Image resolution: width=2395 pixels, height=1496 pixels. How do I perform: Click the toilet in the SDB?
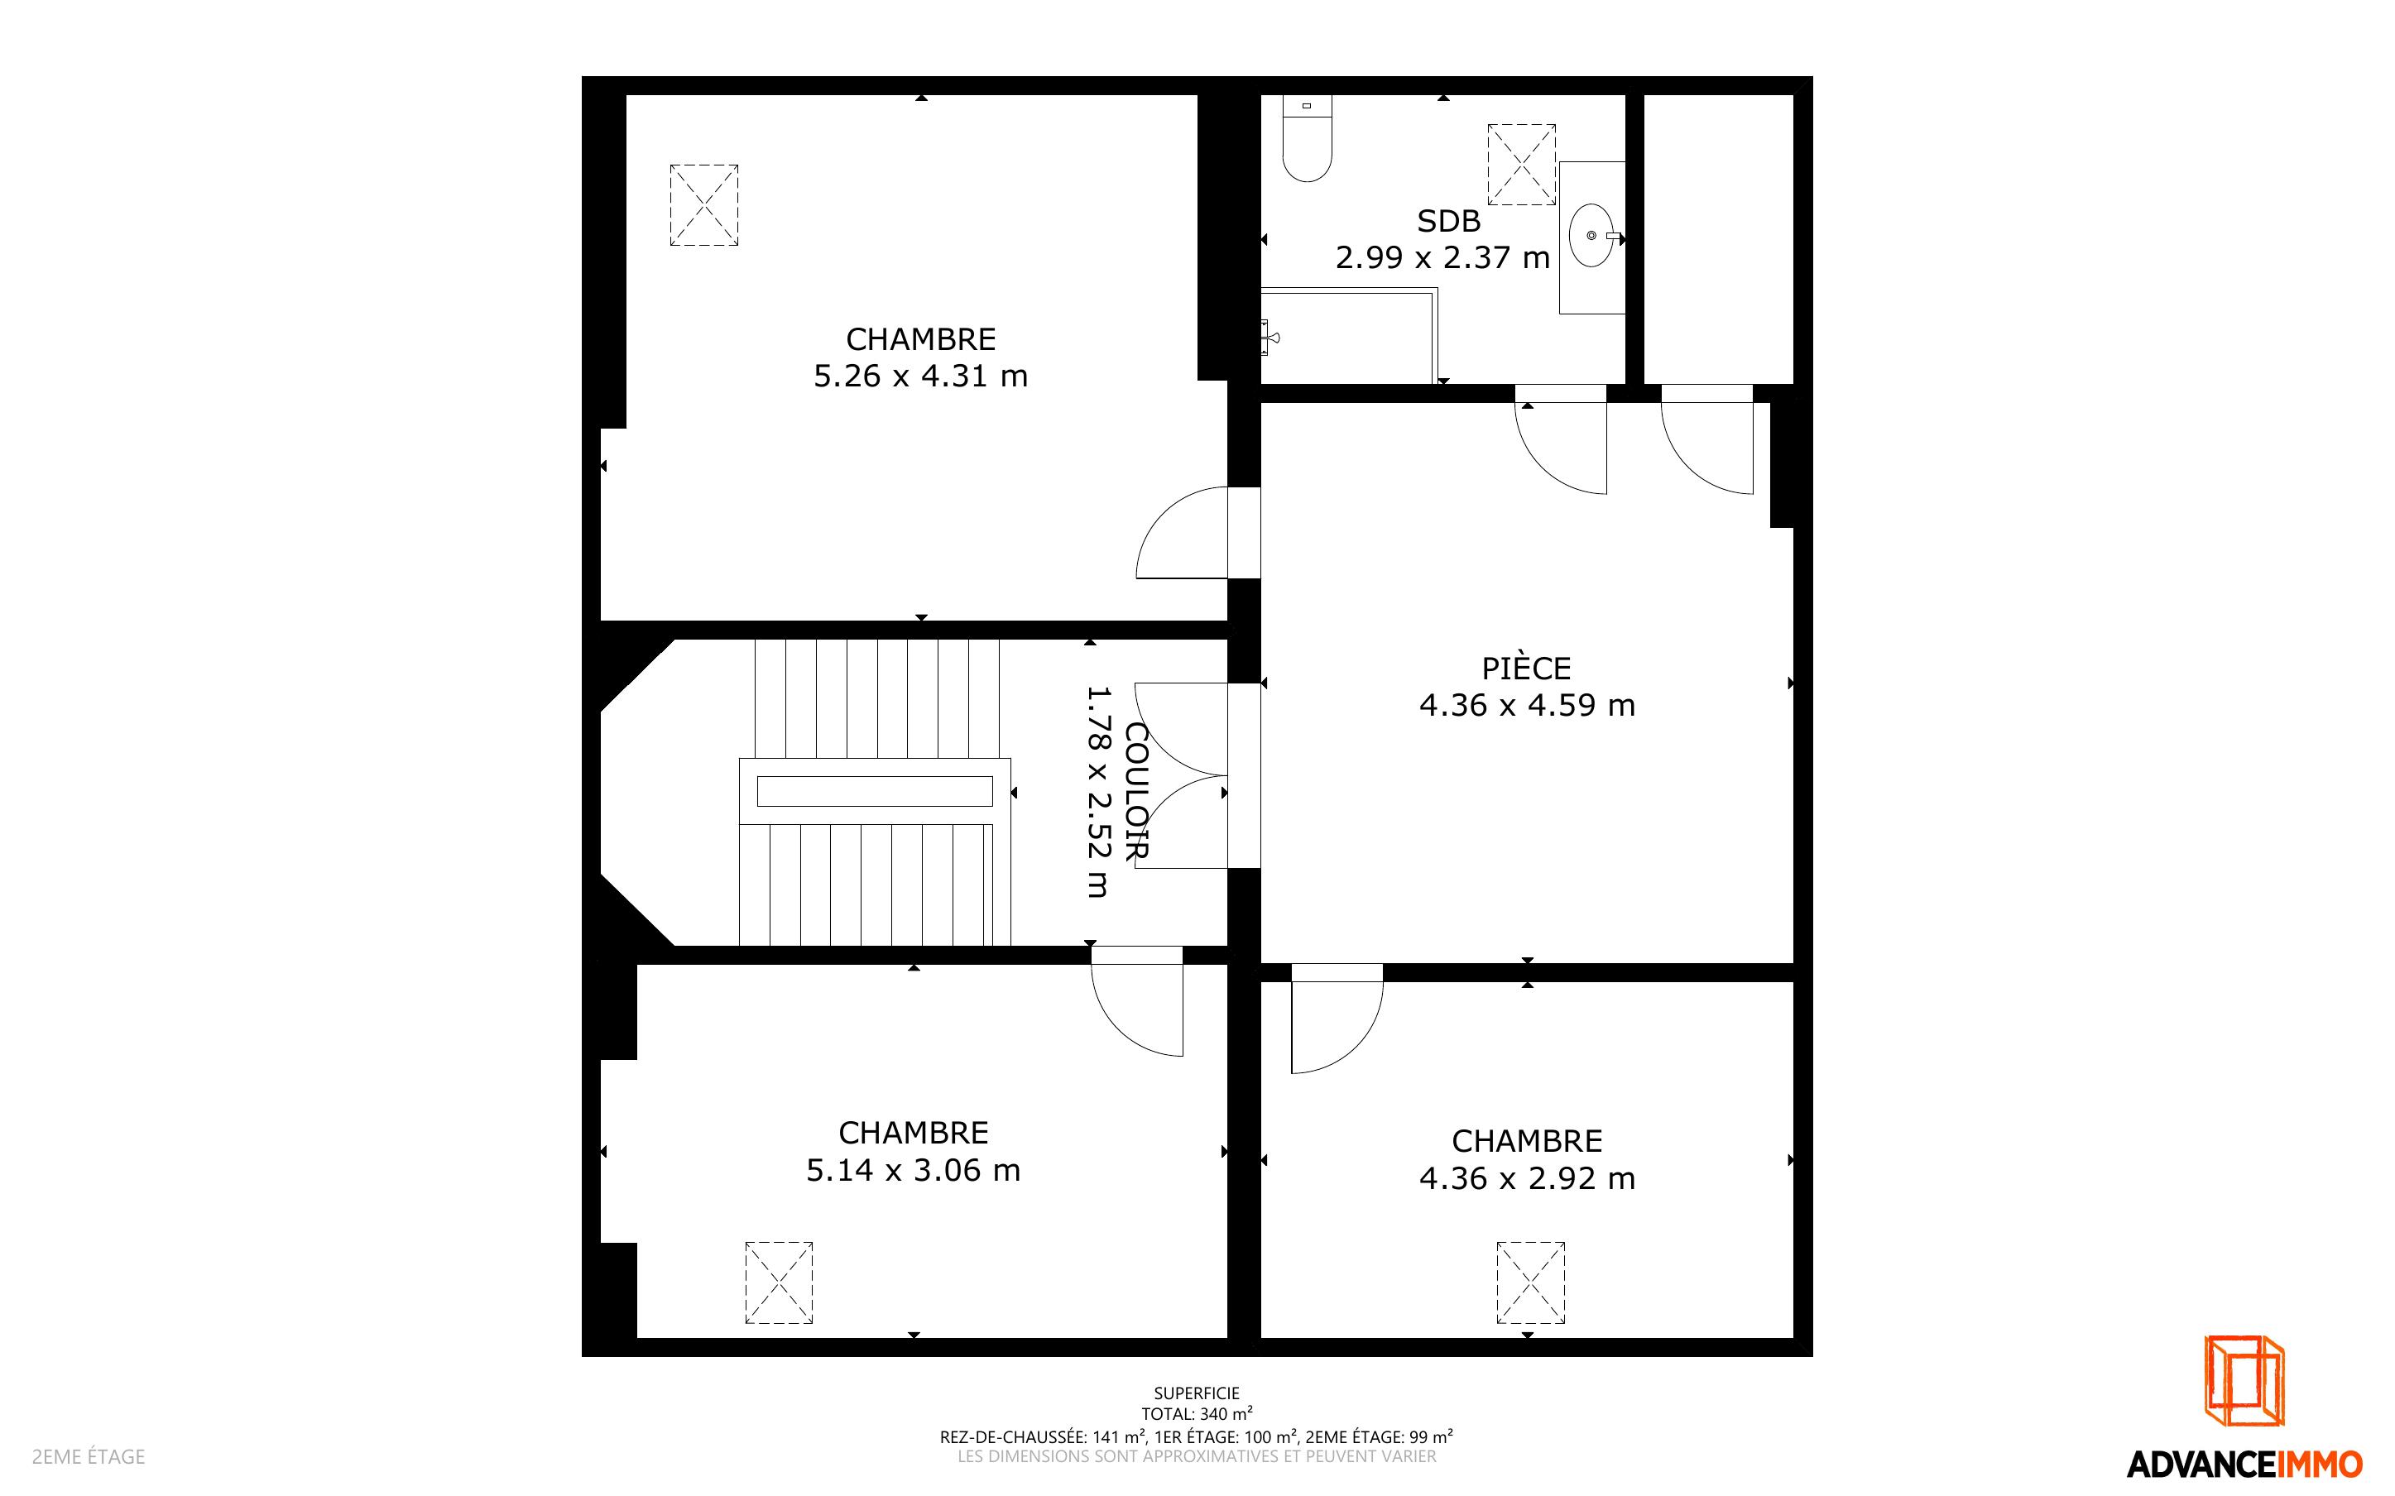click(x=1307, y=138)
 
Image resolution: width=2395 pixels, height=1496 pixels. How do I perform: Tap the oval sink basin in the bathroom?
click(x=1591, y=236)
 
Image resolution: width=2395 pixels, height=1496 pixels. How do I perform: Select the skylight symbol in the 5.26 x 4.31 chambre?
click(x=703, y=205)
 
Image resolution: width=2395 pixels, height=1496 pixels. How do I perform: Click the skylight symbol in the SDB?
click(x=1521, y=164)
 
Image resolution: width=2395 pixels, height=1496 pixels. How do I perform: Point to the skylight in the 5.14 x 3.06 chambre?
click(x=779, y=1283)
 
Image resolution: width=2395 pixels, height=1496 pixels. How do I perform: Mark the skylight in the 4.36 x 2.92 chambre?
click(x=1530, y=1283)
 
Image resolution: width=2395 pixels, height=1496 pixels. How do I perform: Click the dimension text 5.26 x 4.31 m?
click(x=921, y=376)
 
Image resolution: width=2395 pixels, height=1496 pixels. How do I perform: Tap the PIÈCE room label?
click(x=1526, y=668)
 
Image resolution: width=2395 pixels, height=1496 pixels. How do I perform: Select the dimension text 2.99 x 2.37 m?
click(x=1442, y=257)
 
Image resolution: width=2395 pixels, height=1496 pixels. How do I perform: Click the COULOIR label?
click(x=1136, y=792)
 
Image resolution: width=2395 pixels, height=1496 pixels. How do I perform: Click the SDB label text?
click(x=1448, y=221)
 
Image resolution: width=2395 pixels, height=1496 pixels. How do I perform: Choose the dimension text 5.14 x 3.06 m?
click(x=913, y=1171)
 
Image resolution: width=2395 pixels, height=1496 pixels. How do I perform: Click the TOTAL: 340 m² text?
click(x=1197, y=1414)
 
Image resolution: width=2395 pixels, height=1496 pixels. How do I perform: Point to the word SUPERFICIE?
click(x=1197, y=1393)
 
